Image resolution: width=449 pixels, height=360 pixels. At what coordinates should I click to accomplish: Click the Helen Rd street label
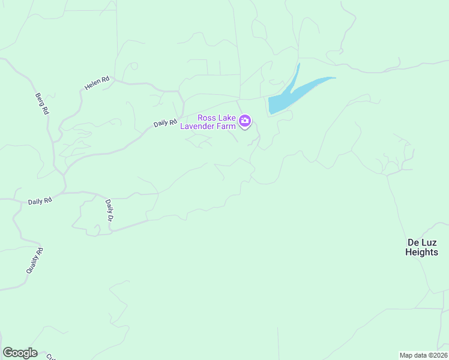click(x=97, y=83)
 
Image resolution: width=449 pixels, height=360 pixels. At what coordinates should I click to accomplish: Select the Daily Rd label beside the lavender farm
click(x=165, y=123)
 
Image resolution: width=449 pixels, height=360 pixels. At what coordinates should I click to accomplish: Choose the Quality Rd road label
click(x=35, y=261)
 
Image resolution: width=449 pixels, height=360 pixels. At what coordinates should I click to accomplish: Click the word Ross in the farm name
click(x=208, y=118)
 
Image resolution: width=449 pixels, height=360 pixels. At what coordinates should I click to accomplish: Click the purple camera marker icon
click(x=245, y=121)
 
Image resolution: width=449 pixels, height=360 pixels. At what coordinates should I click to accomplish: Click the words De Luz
click(x=422, y=242)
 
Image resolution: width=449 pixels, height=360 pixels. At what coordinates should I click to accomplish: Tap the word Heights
click(x=422, y=252)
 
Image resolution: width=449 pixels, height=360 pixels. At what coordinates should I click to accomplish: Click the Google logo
click(x=20, y=353)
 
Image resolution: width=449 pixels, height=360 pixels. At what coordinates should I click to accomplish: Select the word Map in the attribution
click(x=406, y=355)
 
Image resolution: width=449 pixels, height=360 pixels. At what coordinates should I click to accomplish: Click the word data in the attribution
click(x=420, y=355)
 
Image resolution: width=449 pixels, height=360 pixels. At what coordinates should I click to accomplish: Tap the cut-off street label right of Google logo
click(x=52, y=356)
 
